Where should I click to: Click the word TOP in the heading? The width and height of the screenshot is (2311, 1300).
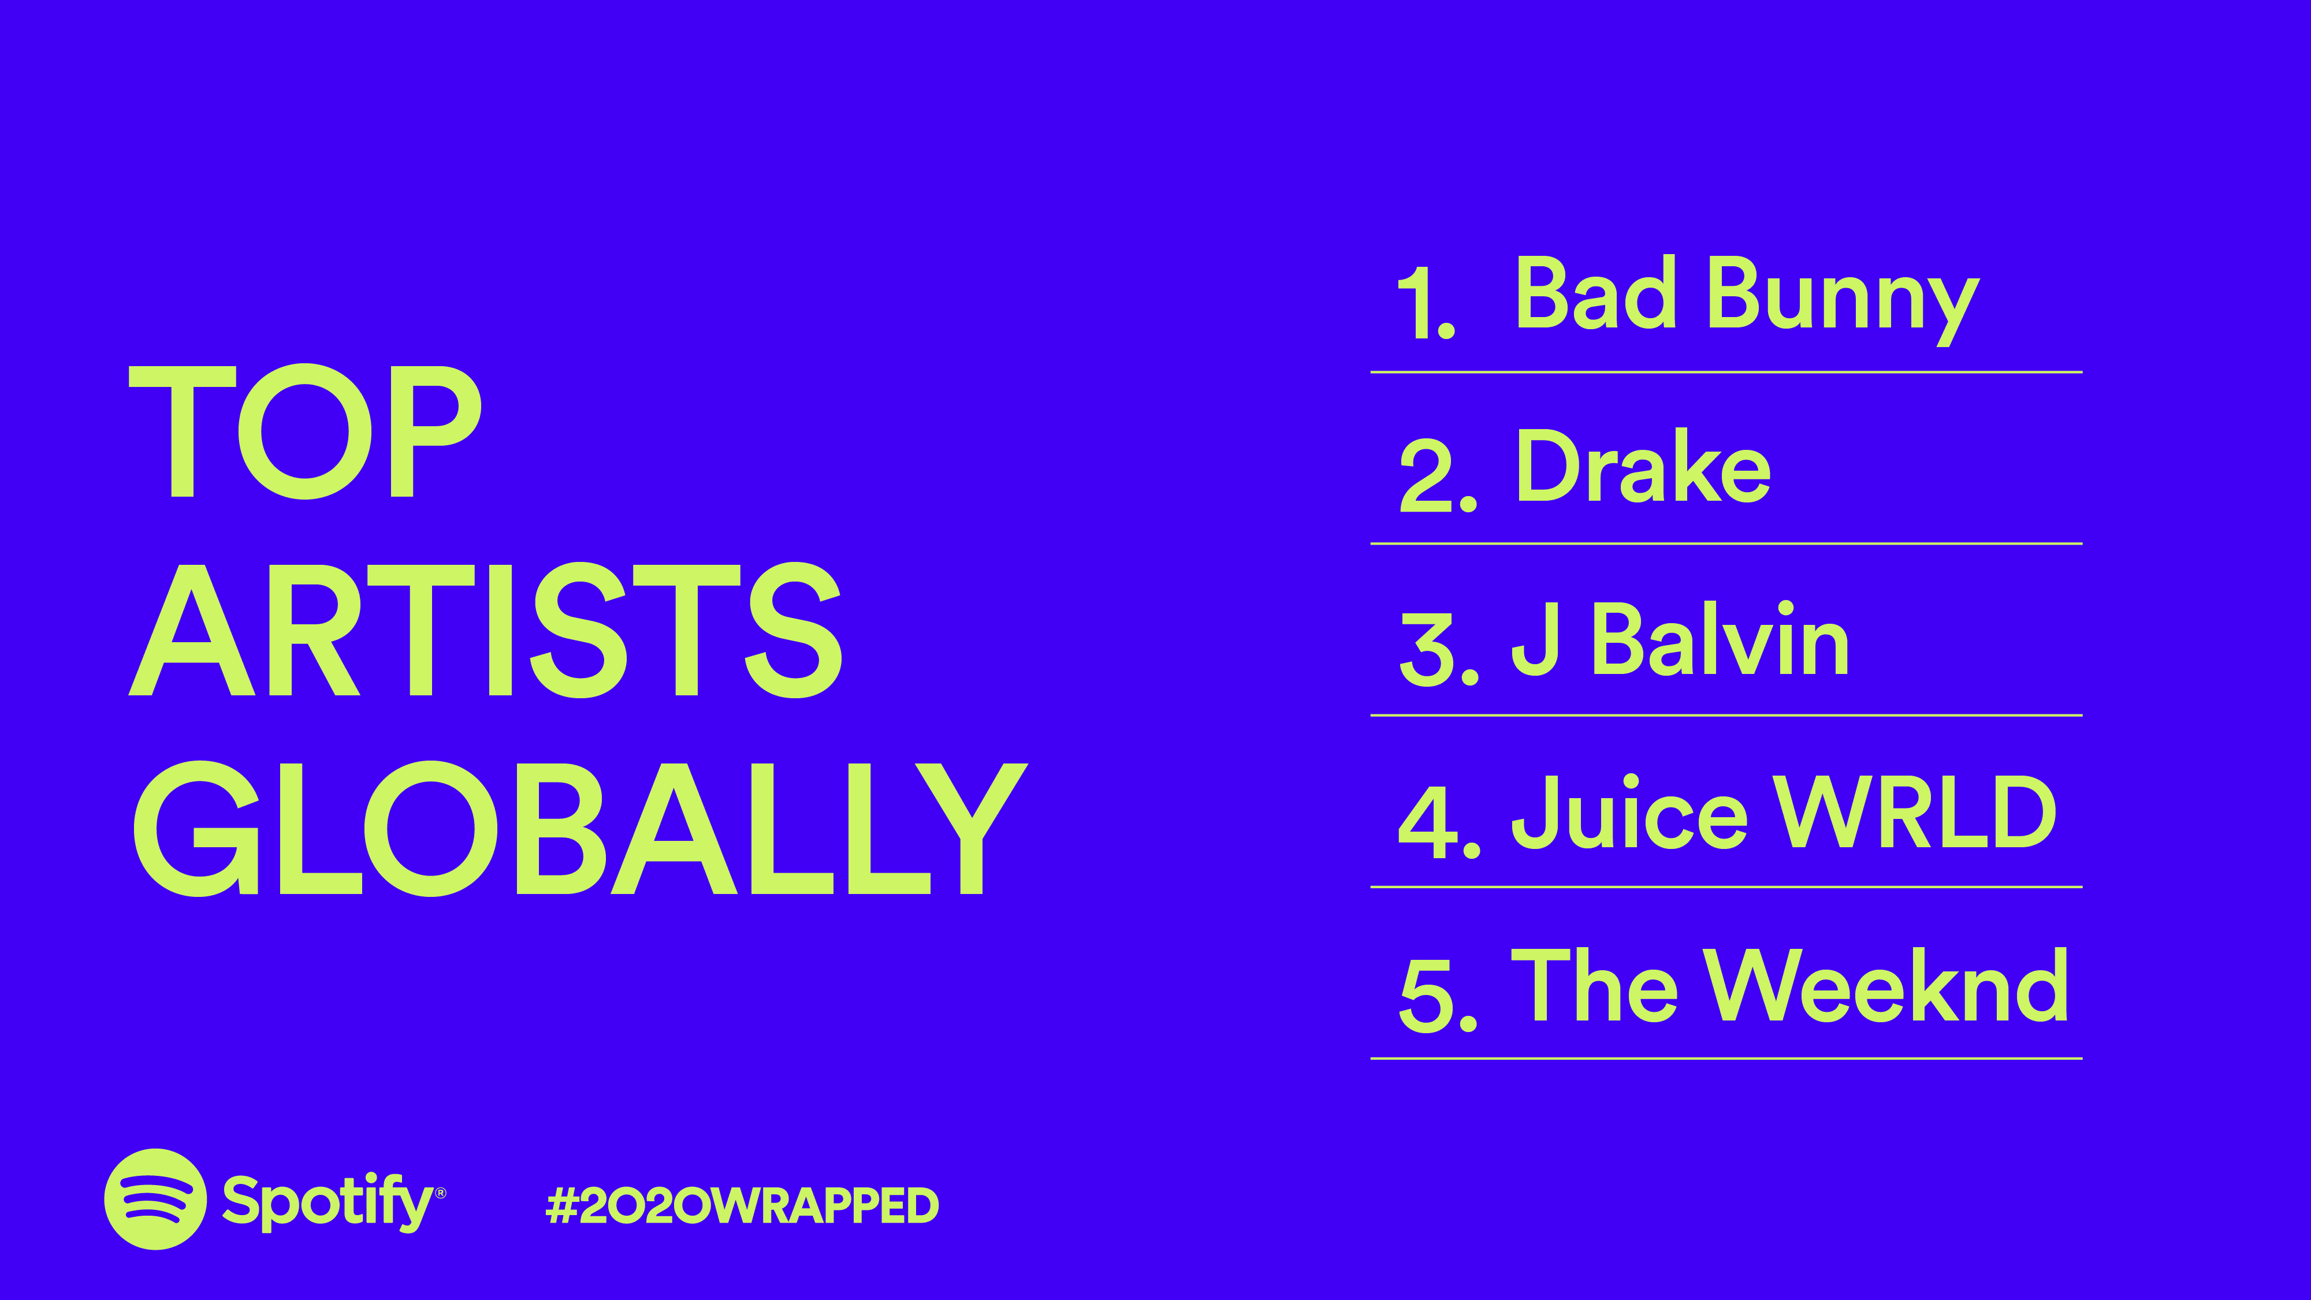pos(305,431)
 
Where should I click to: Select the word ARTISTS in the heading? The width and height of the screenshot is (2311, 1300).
pos(485,630)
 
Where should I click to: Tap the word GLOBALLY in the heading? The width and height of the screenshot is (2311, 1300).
pos(579,828)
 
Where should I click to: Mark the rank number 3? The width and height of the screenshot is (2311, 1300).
pos(1439,650)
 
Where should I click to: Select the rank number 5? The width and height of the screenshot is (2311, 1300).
pos(1439,995)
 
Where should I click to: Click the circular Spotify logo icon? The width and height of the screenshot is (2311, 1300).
pos(156,1198)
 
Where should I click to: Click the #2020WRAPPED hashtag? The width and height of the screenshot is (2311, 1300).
pos(742,1205)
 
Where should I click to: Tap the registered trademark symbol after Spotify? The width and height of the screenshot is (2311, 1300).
pos(441,1193)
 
